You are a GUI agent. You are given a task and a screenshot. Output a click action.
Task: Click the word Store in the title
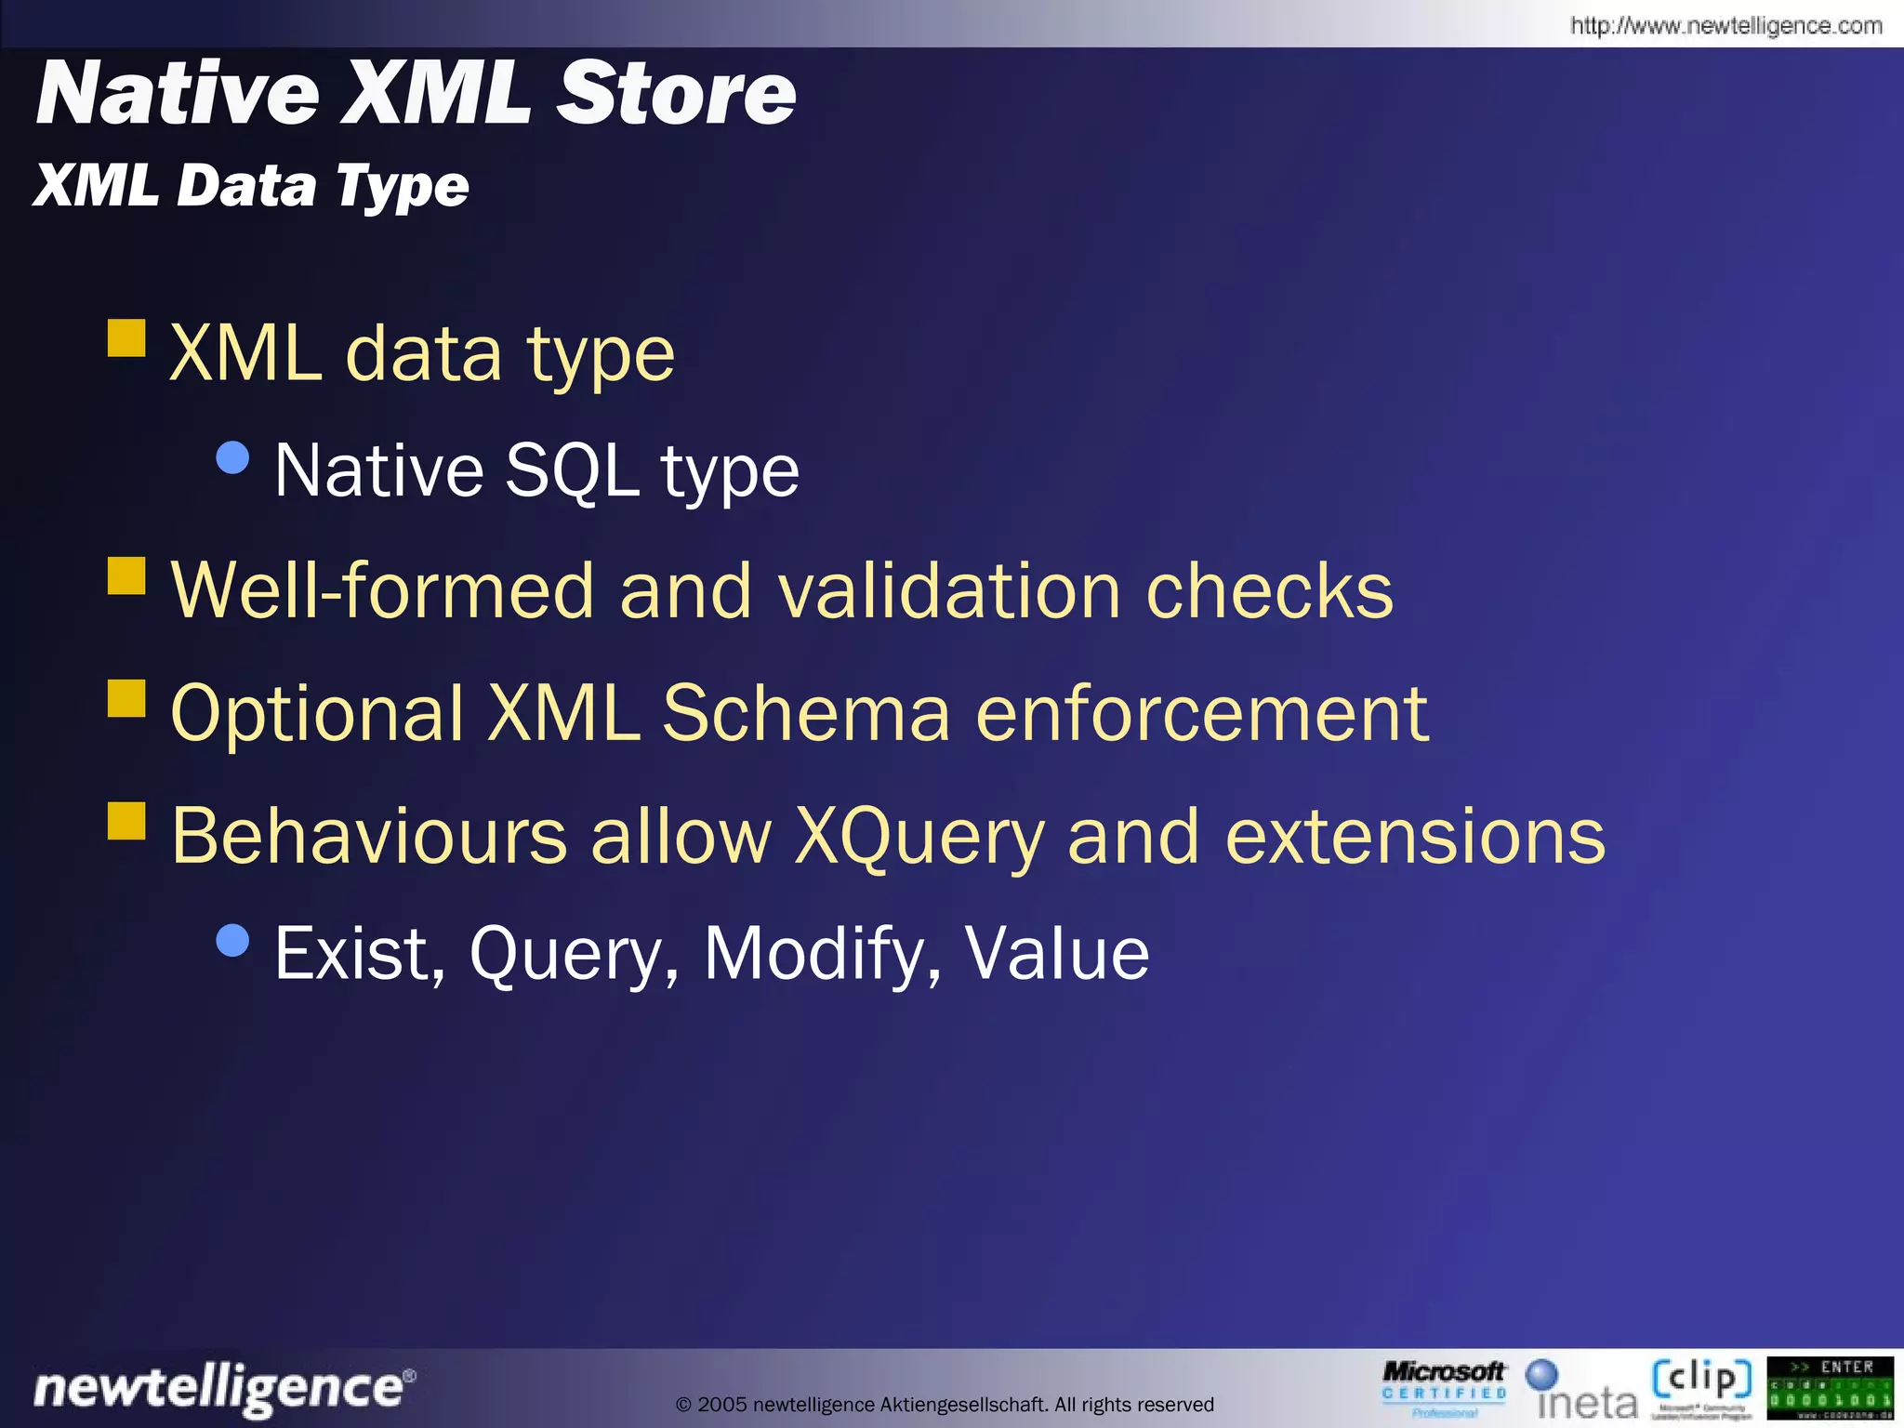[x=676, y=93]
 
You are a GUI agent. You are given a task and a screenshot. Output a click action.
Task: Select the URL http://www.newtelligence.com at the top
[x=1725, y=25]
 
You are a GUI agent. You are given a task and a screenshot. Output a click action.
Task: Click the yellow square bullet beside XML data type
[x=126, y=338]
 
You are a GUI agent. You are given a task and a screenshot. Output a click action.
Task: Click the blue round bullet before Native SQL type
[x=232, y=457]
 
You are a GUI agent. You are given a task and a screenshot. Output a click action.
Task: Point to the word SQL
[x=571, y=470]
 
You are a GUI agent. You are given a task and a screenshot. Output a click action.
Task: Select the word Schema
[x=806, y=713]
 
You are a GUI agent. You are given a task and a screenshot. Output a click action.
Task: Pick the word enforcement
[x=1201, y=713]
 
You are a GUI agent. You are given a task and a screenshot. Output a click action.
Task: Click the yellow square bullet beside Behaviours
[x=126, y=821]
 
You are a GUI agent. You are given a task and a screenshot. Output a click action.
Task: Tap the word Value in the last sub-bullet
[x=1056, y=953]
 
